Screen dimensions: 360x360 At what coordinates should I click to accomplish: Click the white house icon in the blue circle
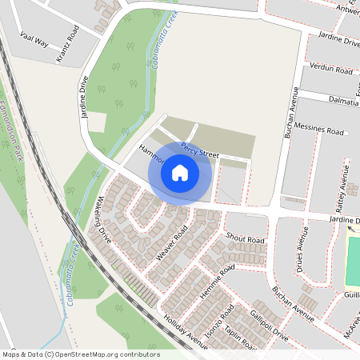(x=180, y=173)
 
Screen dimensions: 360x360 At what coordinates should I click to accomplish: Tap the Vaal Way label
(x=34, y=42)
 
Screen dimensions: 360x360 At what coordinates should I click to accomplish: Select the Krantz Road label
(x=67, y=44)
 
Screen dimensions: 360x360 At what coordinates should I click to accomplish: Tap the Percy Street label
(x=199, y=148)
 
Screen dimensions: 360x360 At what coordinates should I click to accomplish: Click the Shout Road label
(x=245, y=238)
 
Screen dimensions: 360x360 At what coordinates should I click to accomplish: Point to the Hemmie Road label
(x=216, y=285)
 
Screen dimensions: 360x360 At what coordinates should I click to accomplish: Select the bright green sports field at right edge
(x=353, y=256)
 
